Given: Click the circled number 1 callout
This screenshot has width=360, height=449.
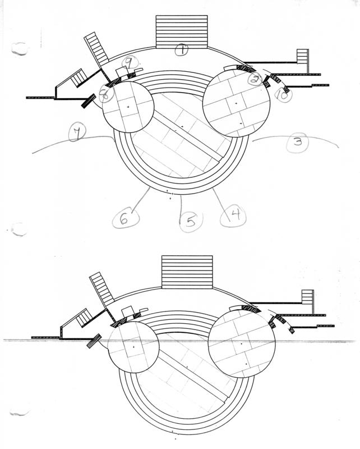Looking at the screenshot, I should click(182, 50).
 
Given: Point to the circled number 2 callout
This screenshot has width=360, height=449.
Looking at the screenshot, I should click(256, 79).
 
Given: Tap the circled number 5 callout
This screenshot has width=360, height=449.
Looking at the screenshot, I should click(191, 221).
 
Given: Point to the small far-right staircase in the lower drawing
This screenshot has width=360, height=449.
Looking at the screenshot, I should click(307, 300).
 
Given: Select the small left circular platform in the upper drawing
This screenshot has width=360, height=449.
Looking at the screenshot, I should click(128, 107).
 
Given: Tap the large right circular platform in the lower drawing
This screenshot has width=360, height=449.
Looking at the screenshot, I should click(242, 343).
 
